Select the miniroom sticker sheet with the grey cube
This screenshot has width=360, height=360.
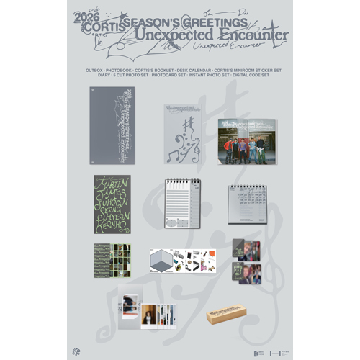(x=180, y=261)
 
